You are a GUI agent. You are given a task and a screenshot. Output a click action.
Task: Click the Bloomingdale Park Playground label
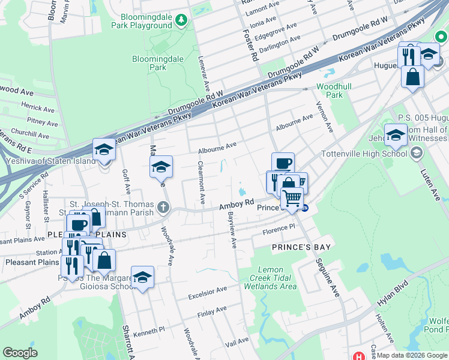146,21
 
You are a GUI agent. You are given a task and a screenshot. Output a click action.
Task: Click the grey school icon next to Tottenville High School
415,153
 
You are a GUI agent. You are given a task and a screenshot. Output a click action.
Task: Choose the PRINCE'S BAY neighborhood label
301,247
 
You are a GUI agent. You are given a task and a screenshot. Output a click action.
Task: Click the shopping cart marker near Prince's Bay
292,198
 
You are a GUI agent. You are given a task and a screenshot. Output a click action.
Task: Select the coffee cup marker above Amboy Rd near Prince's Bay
283,163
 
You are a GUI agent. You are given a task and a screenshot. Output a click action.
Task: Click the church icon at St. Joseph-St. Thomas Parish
162,208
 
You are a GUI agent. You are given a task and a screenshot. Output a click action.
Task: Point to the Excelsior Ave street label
207,290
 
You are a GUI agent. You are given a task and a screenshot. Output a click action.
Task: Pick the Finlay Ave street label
213,310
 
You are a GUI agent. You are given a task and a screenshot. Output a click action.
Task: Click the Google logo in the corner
20,353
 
